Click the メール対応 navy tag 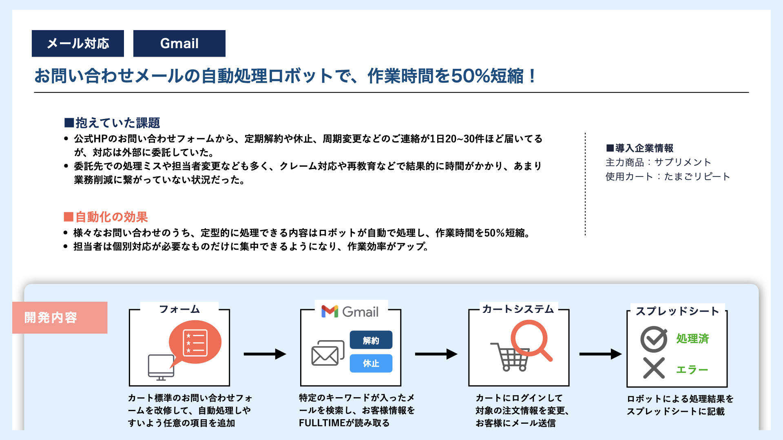78,43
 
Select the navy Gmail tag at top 179,43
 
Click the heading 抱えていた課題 112,123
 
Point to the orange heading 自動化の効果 106,217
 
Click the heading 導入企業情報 640,148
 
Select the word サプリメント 683,162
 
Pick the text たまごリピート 697,176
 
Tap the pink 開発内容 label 60,317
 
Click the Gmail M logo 330,312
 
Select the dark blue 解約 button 371,340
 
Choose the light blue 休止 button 371,363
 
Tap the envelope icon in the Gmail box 327,353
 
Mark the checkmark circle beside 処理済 654,339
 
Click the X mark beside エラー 654,368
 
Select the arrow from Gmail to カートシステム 436,354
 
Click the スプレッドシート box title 677,311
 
